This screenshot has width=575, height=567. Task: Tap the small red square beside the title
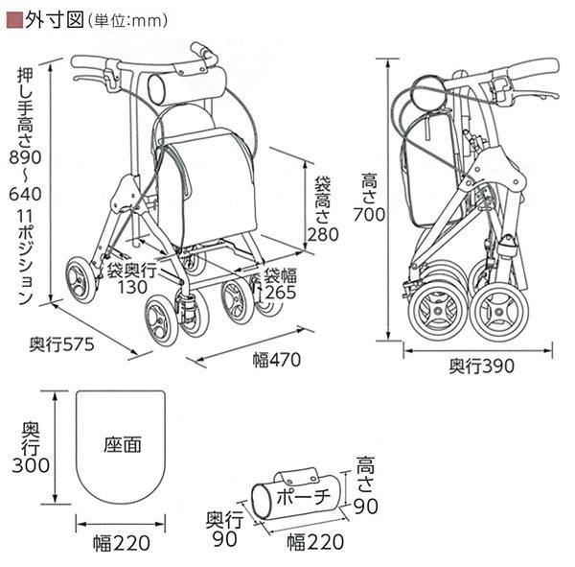point(13,18)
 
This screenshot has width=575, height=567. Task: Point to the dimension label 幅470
point(277,361)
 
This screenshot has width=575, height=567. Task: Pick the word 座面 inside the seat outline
point(122,444)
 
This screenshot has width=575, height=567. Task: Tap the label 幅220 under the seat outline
point(121,544)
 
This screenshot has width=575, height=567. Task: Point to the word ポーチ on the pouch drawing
point(302,496)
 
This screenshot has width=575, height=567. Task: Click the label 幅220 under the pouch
point(313,544)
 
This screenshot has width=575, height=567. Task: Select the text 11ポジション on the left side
point(27,258)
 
